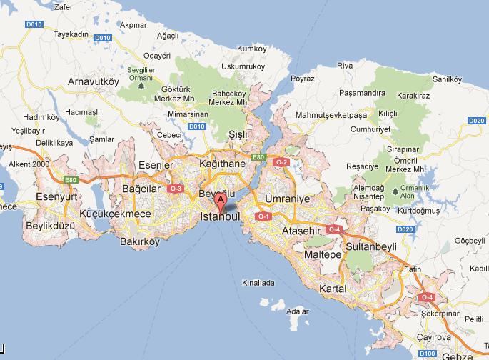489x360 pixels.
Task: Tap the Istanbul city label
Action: (x=218, y=216)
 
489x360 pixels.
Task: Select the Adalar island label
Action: (x=296, y=311)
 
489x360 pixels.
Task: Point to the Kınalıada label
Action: (x=258, y=282)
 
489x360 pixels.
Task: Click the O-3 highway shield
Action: (x=176, y=189)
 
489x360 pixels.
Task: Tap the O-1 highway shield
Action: (x=263, y=216)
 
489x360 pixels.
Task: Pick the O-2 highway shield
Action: (x=281, y=162)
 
